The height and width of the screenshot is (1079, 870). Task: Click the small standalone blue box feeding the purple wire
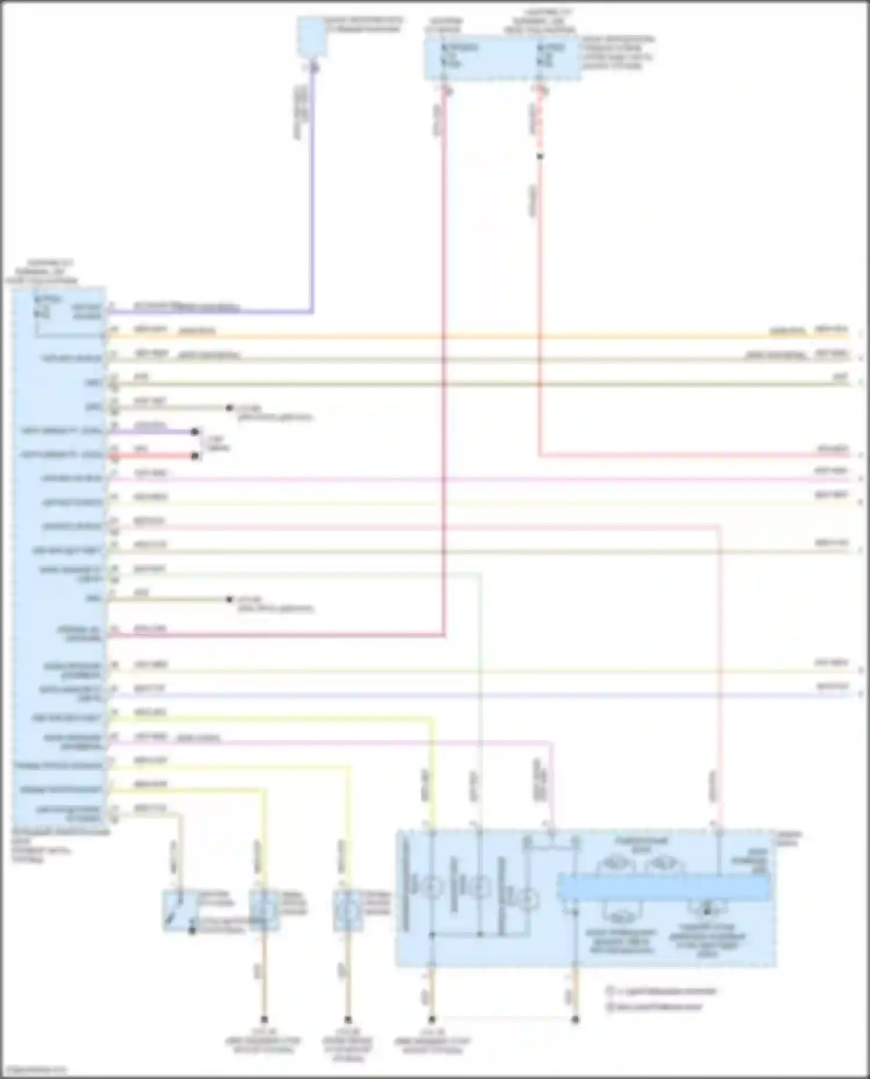(x=311, y=37)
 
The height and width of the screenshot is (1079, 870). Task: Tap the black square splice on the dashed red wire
(x=540, y=157)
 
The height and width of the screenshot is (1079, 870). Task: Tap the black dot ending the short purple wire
(x=195, y=432)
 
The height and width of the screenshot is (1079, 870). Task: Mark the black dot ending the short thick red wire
(x=195, y=456)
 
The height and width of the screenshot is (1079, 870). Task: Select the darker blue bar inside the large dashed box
(x=664, y=888)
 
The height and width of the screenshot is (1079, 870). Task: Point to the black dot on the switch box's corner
(x=192, y=931)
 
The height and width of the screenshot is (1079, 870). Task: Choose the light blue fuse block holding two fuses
(x=502, y=59)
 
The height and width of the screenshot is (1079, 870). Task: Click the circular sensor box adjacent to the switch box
(x=264, y=910)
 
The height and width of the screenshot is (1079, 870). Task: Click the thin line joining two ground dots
(x=503, y=1016)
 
